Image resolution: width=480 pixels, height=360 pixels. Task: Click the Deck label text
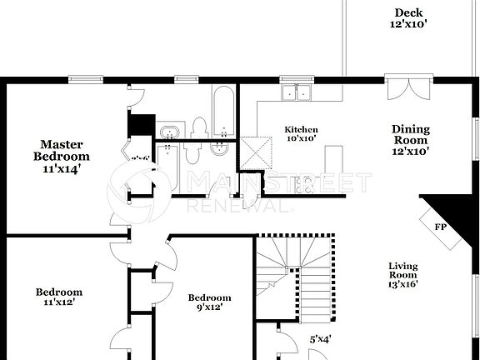click(x=408, y=12)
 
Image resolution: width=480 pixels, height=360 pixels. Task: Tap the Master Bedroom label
click(x=62, y=150)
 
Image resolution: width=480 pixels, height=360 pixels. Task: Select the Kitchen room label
click(x=301, y=129)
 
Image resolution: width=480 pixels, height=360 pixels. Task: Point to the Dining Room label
click(x=411, y=134)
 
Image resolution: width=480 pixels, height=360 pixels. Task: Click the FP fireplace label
click(x=440, y=227)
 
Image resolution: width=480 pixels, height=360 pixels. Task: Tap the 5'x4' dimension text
click(x=320, y=339)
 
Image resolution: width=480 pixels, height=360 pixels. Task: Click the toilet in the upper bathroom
click(x=199, y=127)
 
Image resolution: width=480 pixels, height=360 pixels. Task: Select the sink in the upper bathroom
click(x=171, y=132)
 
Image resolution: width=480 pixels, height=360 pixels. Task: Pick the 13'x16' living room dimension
click(x=402, y=283)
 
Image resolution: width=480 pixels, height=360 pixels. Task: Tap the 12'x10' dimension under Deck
click(x=408, y=25)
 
